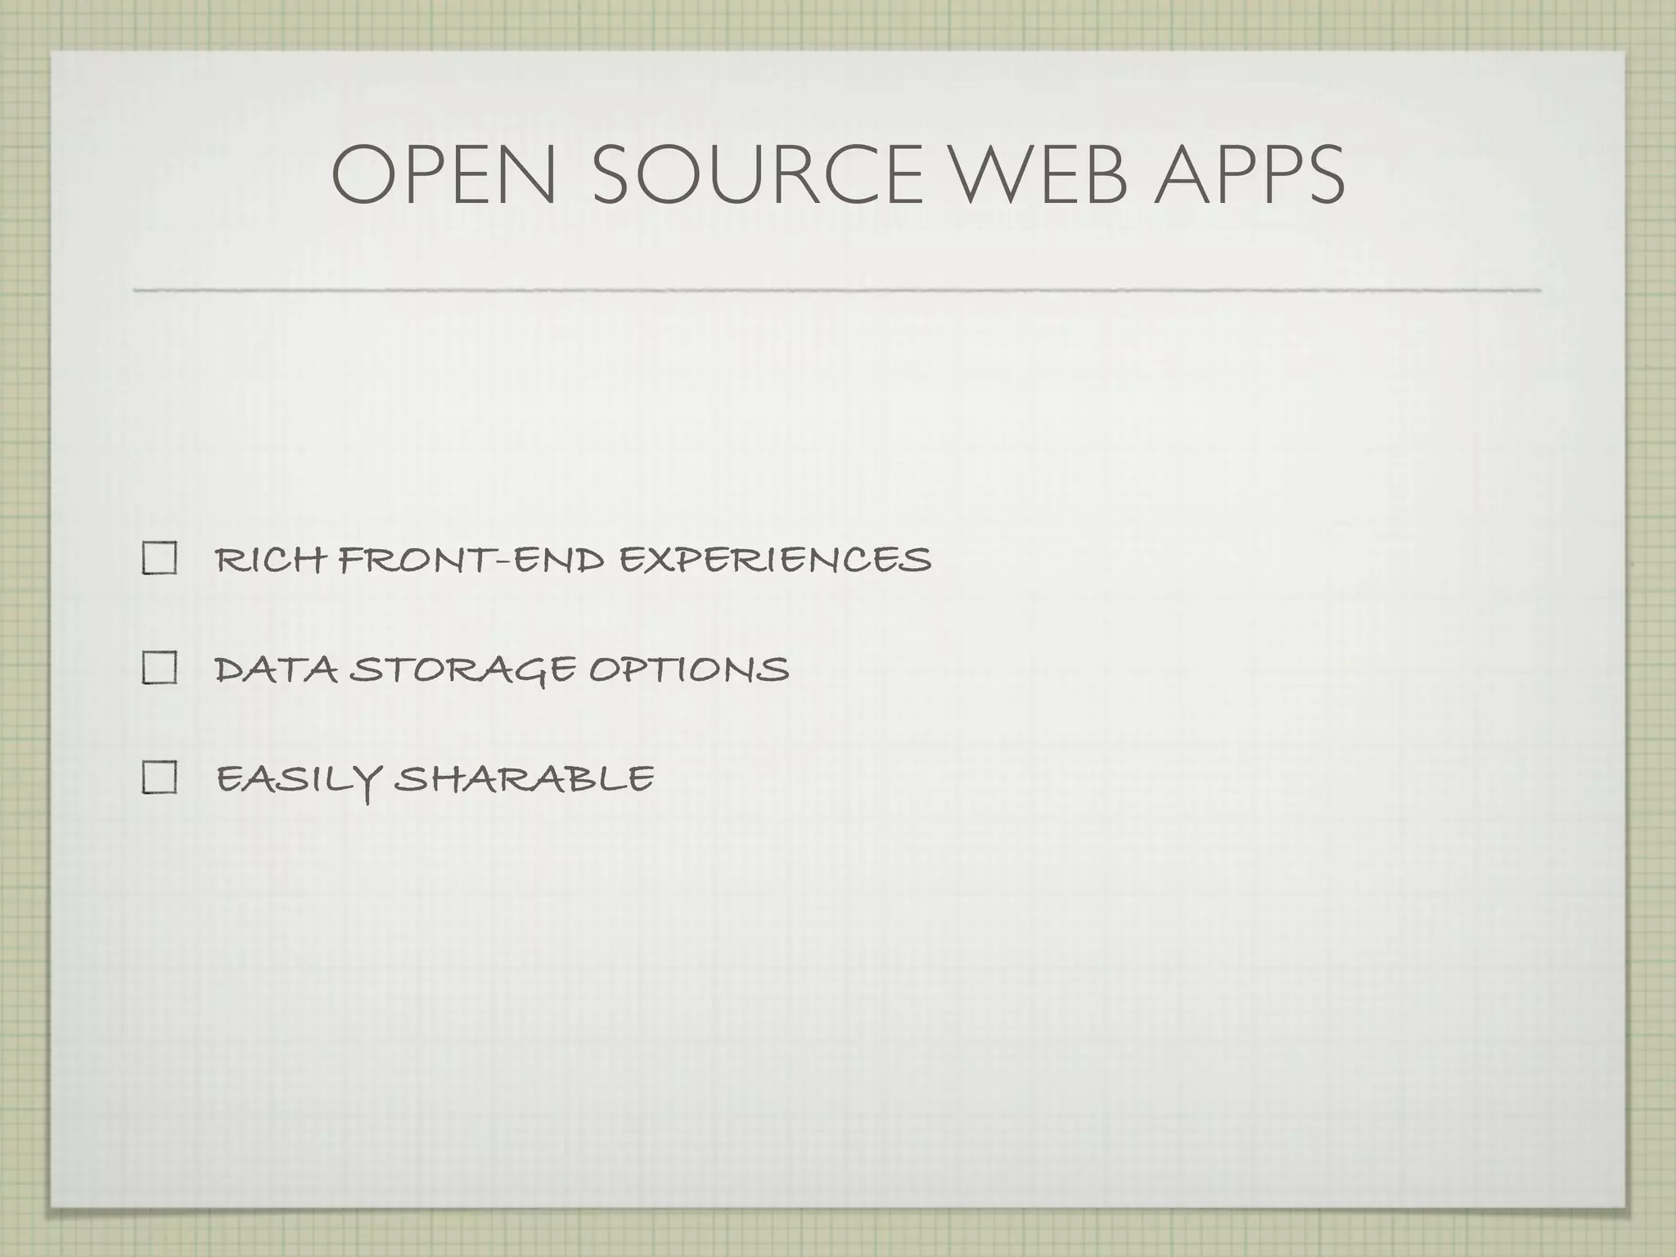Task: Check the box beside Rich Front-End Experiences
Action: [160, 560]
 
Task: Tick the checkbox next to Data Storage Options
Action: [160, 669]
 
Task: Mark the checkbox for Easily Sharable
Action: [160, 777]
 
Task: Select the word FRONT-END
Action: [472, 561]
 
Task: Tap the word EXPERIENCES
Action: [774, 561]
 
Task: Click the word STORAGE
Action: [463, 670]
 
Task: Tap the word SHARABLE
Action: [524, 778]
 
